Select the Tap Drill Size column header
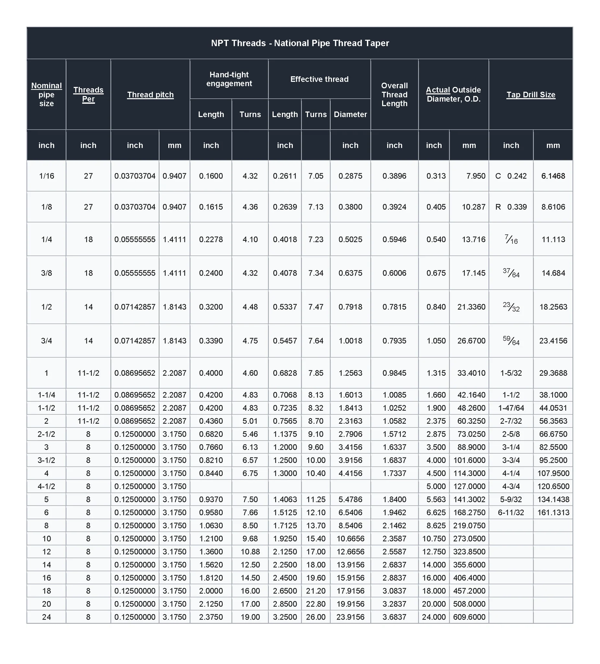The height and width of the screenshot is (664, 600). click(x=531, y=95)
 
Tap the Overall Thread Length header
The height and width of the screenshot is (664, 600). click(x=394, y=95)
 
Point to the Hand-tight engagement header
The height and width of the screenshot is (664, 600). click(x=229, y=79)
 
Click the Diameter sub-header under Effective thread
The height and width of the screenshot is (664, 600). click(x=350, y=114)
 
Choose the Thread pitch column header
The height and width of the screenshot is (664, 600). click(x=150, y=95)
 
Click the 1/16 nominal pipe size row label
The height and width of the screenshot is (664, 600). click(x=46, y=176)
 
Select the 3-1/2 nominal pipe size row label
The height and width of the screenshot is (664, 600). click(x=46, y=460)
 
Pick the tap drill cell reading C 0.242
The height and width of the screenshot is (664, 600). click(x=511, y=176)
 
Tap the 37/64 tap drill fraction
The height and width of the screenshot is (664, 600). click(x=511, y=273)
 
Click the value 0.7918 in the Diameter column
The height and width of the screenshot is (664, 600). click(x=350, y=307)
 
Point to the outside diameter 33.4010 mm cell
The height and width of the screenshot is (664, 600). click(x=471, y=373)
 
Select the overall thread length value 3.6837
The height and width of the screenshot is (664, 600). click(x=394, y=617)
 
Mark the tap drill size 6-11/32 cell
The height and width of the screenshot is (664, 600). click(x=511, y=513)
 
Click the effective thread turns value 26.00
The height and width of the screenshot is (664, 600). click(x=315, y=617)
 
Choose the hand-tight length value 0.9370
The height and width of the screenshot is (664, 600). click(x=211, y=499)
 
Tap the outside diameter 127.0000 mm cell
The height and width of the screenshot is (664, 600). click(x=469, y=486)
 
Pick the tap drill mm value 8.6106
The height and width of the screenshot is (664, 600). click(x=553, y=207)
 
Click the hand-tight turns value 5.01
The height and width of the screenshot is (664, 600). click(x=250, y=421)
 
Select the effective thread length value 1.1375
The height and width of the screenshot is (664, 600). click(x=285, y=434)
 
